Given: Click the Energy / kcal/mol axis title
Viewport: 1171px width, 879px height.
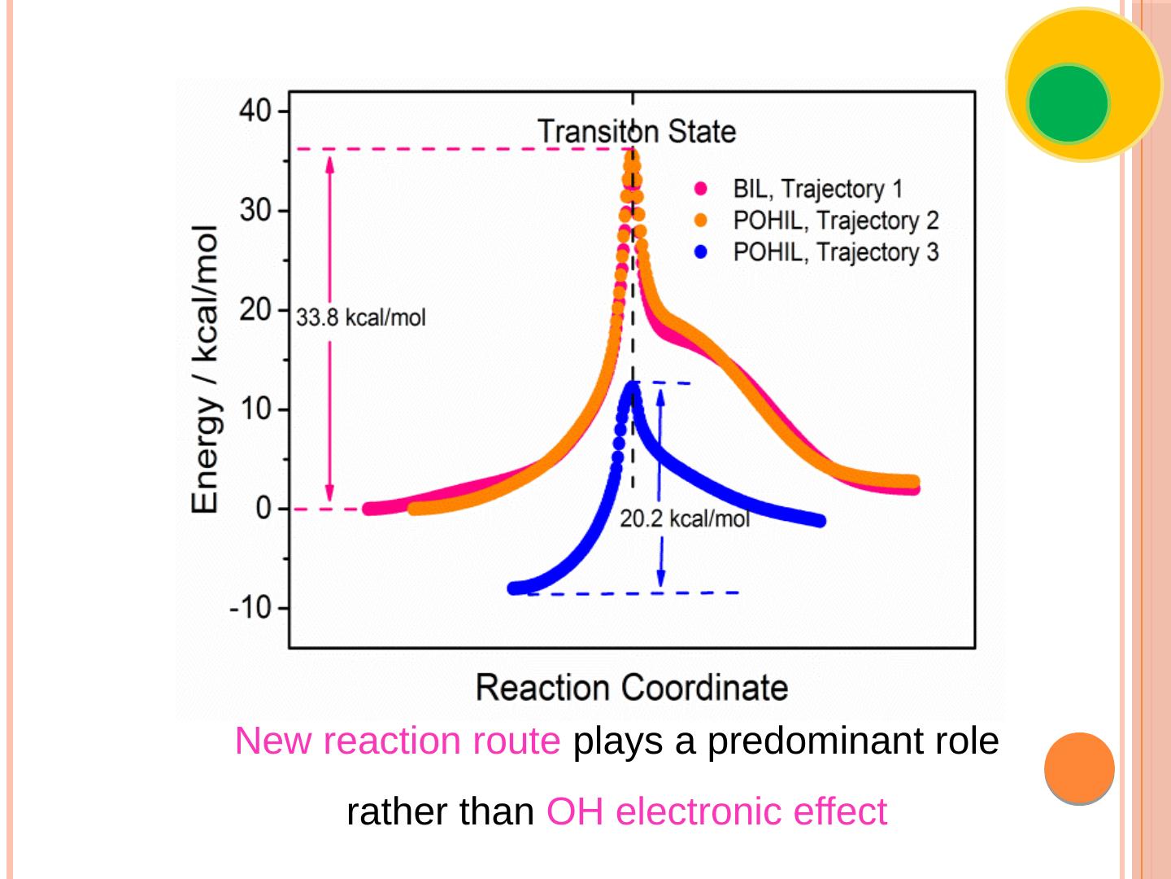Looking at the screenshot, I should coord(205,369).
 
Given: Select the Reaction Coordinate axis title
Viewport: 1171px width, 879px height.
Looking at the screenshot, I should coord(632,688).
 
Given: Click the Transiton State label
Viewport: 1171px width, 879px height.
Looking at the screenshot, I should coord(637,131).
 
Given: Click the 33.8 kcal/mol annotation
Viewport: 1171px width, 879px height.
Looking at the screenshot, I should coord(360,317).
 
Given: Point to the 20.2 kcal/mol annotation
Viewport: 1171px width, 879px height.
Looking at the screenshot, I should coord(685,518).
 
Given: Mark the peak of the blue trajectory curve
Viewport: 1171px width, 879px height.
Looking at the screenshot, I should coord(632,388).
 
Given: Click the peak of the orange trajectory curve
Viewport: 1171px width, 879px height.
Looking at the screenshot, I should coord(632,155).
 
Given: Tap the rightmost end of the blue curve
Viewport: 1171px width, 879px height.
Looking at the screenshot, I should coord(819,521).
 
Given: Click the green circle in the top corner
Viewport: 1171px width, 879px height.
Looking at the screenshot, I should coord(1068,103).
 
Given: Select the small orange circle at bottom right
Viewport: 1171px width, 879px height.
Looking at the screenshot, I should coord(1079,767).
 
